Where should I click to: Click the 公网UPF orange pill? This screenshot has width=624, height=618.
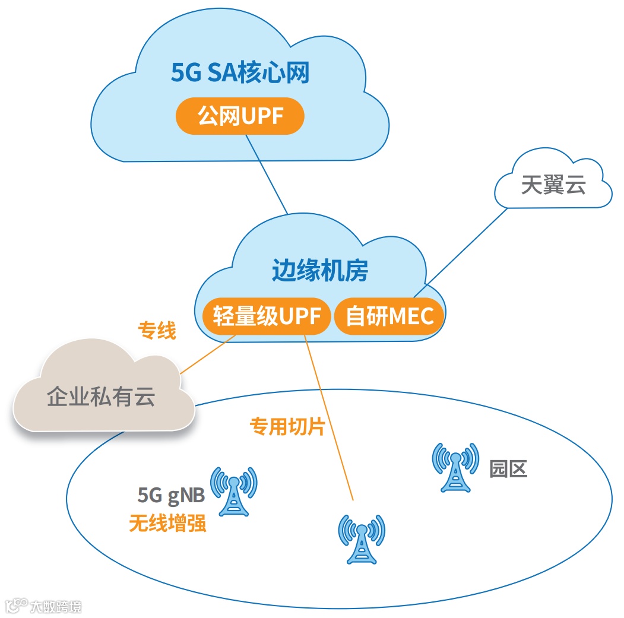[240, 116]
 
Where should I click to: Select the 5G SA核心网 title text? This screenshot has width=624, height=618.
[240, 74]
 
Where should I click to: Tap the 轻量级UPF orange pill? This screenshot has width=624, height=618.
[265, 316]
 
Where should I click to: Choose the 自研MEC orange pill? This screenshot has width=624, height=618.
[390, 316]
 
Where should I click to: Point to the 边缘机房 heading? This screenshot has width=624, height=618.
[320, 271]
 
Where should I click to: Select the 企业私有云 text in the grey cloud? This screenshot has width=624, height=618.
[101, 396]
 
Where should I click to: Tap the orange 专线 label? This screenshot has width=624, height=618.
[157, 331]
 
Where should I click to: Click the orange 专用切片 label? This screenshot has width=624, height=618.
[287, 426]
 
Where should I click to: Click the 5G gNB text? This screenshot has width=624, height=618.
[172, 495]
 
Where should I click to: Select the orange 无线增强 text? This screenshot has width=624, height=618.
[168, 523]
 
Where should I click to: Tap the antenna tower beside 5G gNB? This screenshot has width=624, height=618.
[234, 490]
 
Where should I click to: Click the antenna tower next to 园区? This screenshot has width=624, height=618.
[455, 467]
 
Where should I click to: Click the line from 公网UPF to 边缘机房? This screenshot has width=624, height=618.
[267, 175]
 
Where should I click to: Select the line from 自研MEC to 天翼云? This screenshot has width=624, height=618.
[463, 252]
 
